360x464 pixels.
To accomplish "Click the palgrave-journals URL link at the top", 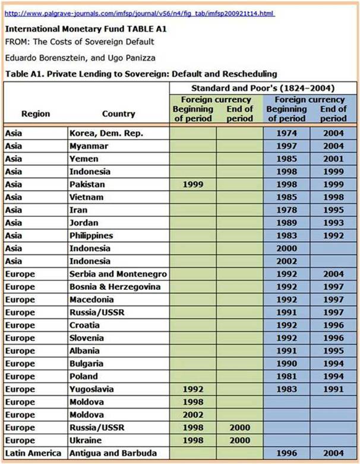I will click(x=140, y=13).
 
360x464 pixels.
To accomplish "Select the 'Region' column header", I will click(x=36, y=113).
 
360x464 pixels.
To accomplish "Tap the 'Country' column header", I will click(x=118, y=113).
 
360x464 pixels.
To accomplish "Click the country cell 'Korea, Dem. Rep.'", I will click(x=106, y=134).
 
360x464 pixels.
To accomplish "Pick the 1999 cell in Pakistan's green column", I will click(x=192, y=185).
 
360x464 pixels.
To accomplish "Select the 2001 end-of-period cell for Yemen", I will click(x=333, y=159).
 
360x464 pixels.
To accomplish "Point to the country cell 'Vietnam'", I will click(x=87, y=197).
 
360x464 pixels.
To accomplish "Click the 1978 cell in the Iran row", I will click(x=286, y=210).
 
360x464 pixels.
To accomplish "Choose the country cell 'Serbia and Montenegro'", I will click(x=118, y=274).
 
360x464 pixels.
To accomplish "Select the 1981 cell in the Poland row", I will click(x=286, y=376).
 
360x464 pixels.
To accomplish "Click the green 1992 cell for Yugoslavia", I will click(x=192, y=389).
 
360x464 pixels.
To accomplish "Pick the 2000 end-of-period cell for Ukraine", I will click(x=239, y=440).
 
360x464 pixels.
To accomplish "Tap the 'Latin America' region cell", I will click(x=33, y=453).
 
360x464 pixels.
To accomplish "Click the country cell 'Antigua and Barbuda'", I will click(x=113, y=453).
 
